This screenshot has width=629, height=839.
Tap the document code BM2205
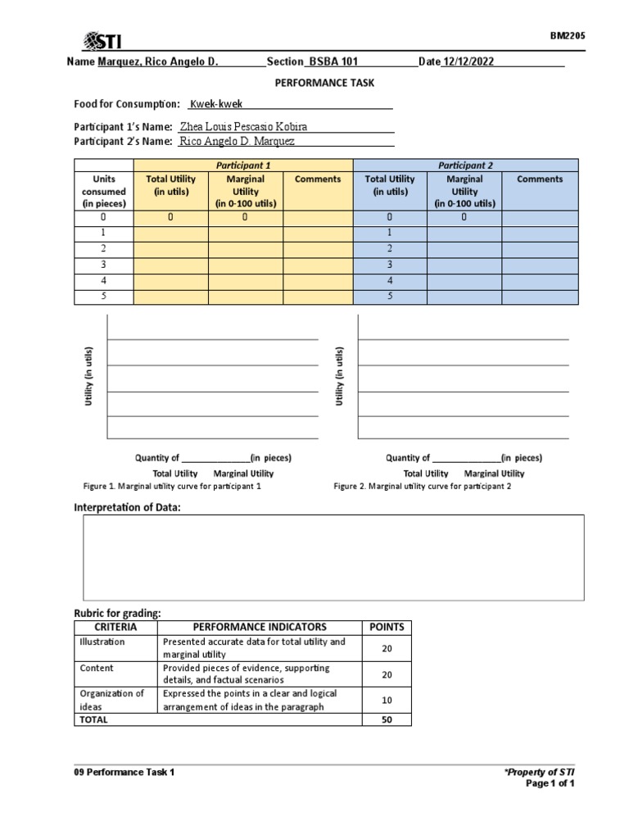pyautogui.click(x=567, y=35)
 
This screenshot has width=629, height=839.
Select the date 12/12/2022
pyautogui.click(x=468, y=62)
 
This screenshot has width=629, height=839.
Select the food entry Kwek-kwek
pyautogui.click(x=216, y=104)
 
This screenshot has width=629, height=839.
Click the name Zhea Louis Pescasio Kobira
pyautogui.click(x=243, y=127)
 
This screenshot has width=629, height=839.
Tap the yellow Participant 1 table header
pyautogui.click(x=242, y=165)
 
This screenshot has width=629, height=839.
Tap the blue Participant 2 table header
pyautogui.click(x=465, y=165)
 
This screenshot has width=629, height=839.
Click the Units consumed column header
pyautogui.click(x=104, y=191)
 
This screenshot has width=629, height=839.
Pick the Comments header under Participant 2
pyautogui.click(x=540, y=179)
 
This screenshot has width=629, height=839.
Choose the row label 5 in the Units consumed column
pyautogui.click(x=104, y=297)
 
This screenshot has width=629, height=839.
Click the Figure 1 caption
pyautogui.click(x=172, y=487)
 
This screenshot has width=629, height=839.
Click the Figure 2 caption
pyautogui.click(x=423, y=487)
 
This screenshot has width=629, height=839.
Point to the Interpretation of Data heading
pyautogui.click(x=127, y=508)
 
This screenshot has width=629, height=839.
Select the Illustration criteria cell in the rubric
pyautogui.click(x=102, y=642)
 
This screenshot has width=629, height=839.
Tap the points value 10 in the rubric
pyautogui.click(x=387, y=700)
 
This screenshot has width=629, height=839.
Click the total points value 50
pyautogui.click(x=387, y=719)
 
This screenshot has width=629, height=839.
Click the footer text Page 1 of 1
pyautogui.click(x=550, y=784)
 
